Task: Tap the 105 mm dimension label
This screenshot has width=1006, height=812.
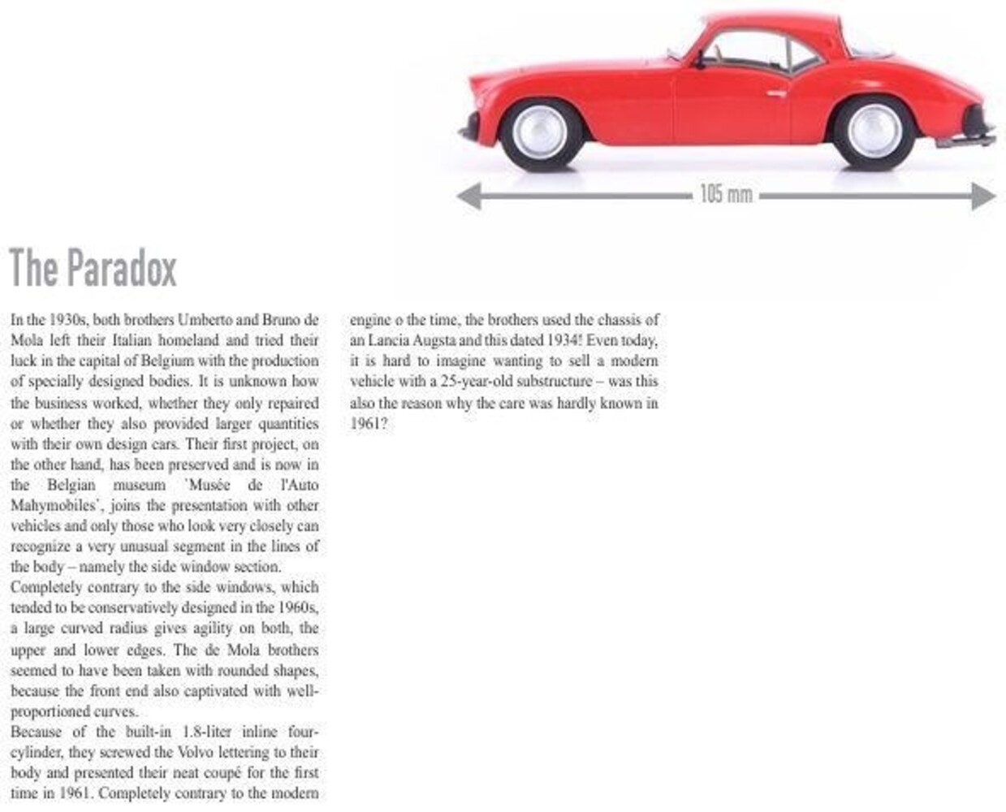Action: (x=726, y=195)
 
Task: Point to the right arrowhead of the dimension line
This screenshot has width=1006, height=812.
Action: (x=983, y=196)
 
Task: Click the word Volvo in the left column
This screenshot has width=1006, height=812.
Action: (x=213, y=753)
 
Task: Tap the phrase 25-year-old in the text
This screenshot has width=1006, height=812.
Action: (x=462, y=382)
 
